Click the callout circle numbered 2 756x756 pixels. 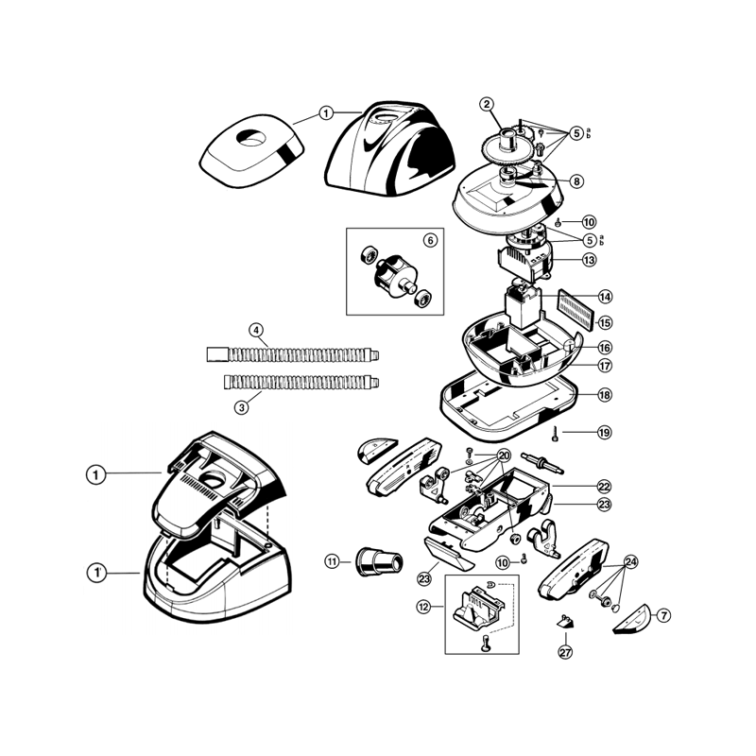[487, 104]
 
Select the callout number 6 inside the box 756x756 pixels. [429, 241]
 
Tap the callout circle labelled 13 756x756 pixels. [589, 260]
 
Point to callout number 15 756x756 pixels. [604, 322]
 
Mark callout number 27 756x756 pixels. [565, 652]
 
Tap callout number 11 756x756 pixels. [332, 561]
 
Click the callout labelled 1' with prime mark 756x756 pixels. [95, 572]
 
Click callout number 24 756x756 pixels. [630, 561]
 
